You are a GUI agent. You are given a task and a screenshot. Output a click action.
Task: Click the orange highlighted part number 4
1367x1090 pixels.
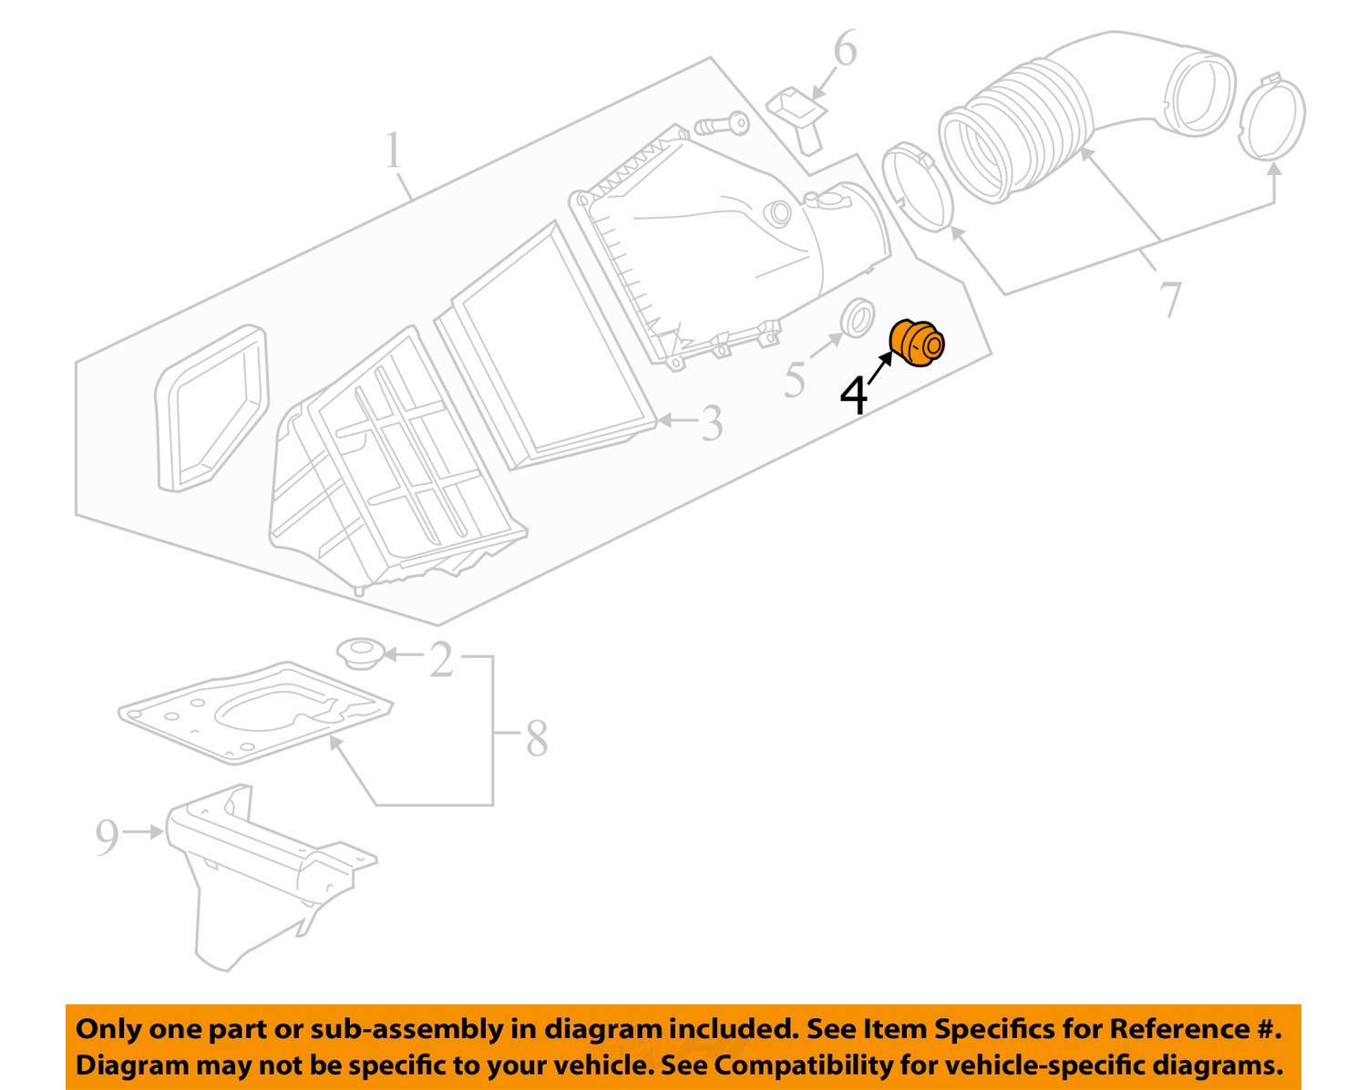click(x=917, y=344)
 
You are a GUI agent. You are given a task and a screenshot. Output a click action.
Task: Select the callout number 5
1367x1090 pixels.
click(x=795, y=379)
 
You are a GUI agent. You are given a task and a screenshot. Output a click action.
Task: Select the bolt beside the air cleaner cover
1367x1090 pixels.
click(x=722, y=123)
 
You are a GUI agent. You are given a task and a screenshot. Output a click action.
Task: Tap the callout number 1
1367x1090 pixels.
click(x=393, y=151)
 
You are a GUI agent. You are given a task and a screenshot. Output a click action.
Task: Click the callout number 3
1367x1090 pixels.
click(x=711, y=423)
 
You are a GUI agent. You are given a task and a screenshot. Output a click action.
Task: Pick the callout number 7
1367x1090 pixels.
click(x=1170, y=299)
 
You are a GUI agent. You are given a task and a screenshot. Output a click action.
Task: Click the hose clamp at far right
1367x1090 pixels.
click(x=1272, y=118)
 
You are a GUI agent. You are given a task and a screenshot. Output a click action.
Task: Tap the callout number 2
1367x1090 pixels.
click(x=441, y=660)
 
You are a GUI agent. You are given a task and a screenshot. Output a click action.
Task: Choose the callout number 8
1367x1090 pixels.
click(x=537, y=738)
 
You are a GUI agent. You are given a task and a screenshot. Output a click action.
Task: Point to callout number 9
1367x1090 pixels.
click(x=107, y=837)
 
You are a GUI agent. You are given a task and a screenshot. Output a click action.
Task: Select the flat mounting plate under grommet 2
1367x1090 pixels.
click(x=255, y=711)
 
